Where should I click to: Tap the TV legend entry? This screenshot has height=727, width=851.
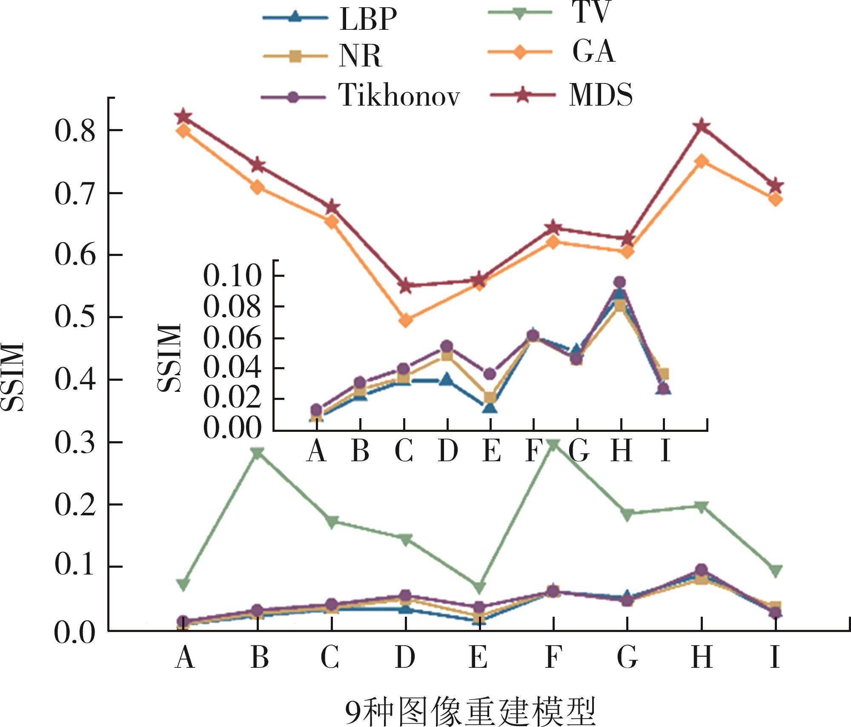(x=592, y=13)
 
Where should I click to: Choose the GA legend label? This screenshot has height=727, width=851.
(x=593, y=52)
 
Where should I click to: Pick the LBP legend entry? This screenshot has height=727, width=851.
(x=368, y=19)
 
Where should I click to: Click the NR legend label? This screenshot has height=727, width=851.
(x=360, y=56)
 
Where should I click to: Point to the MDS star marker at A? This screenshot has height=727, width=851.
(x=183, y=116)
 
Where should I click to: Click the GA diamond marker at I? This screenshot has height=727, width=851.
(x=776, y=199)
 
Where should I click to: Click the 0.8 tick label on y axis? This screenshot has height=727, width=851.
(x=74, y=130)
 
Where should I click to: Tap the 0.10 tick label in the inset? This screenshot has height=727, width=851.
(x=232, y=276)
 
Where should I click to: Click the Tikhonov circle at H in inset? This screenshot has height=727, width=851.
(x=620, y=282)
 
